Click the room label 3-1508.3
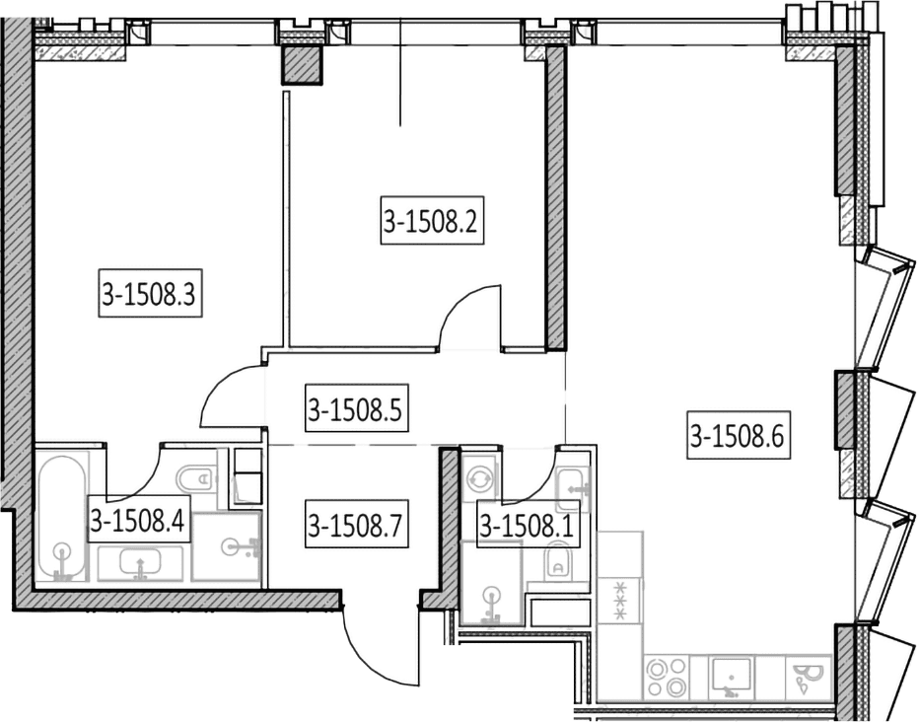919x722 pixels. pos(150,293)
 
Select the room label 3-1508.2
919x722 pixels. pos(432,220)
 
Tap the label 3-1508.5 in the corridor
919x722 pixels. pos(356,408)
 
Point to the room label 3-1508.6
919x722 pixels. pos(739,434)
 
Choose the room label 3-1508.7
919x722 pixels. pos(356,524)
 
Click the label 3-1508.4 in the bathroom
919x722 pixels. pos(139,519)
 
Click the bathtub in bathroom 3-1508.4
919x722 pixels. pos(62,517)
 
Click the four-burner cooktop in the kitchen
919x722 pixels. pos(666,677)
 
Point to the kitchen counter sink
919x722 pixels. pos(732,677)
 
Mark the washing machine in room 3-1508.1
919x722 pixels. pos(478,478)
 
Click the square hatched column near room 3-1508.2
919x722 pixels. pos(303,65)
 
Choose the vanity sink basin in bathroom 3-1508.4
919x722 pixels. pos(139,564)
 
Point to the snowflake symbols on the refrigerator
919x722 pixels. pos(619,600)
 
